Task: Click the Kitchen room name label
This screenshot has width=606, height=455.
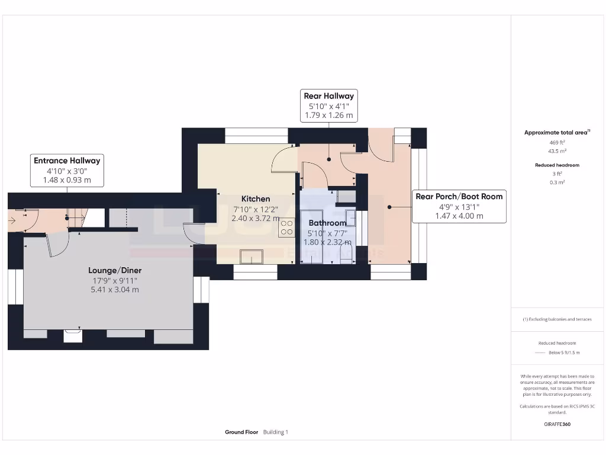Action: click(255, 199)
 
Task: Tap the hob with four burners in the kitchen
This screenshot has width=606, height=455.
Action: click(286, 228)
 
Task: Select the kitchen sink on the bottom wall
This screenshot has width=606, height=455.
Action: click(252, 257)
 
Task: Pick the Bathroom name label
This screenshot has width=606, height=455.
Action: click(327, 223)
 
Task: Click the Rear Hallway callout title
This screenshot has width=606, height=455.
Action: click(328, 96)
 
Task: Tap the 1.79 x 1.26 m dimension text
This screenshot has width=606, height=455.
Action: click(328, 116)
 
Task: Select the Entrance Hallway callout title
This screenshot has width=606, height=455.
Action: click(67, 161)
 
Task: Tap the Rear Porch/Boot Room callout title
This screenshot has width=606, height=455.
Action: click(459, 197)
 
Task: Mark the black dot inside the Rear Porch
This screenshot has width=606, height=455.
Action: click(389, 207)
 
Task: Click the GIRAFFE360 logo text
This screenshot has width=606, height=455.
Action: click(557, 424)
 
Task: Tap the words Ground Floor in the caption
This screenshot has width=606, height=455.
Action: click(241, 432)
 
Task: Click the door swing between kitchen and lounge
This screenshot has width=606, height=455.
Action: click(194, 232)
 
